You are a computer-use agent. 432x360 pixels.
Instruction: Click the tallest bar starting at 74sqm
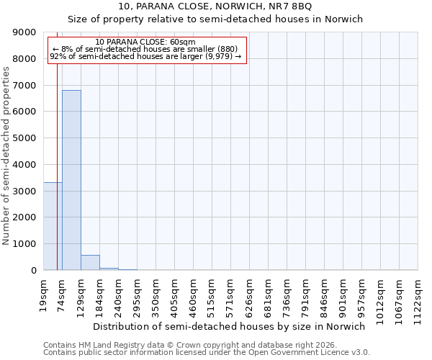pyautogui.click(x=71, y=180)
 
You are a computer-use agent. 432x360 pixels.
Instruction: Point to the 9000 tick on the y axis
pyautogui.click(x=29, y=32)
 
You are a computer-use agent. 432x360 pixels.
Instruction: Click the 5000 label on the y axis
pyautogui.click(x=29, y=138)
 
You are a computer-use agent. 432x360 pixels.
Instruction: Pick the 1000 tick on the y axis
pyautogui.click(x=29, y=244)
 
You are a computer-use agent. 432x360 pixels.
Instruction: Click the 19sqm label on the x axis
pyautogui.click(x=44, y=293)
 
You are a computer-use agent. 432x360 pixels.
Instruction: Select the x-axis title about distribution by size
pyautogui.click(x=230, y=326)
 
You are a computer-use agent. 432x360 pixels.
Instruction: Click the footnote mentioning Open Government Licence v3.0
pyautogui.click(x=207, y=353)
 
